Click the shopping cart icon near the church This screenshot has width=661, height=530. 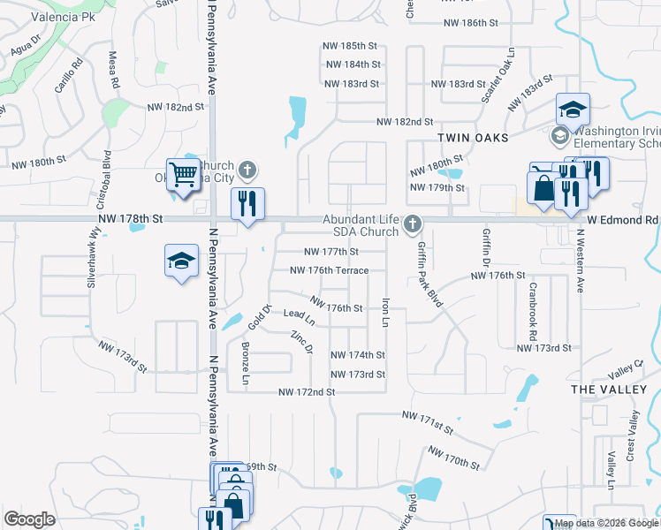click(182, 174)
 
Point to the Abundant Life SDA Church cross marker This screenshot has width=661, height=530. click(412, 225)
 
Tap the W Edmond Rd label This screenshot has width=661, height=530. click(628, 219)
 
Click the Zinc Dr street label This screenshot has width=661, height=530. click(302, 342)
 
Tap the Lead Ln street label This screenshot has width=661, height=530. click(299, 314)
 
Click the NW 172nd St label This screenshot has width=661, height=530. click(307, 391)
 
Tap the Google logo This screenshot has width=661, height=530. click(29, 519)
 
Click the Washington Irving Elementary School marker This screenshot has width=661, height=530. click(560, 136)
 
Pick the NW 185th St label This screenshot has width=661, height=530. click(352, 46)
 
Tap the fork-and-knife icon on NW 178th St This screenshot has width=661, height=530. click(247, 204)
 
